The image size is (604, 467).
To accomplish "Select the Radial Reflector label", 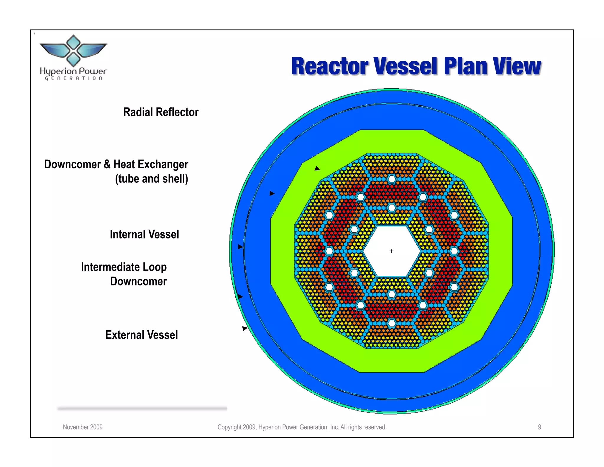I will click(x=161, y=112).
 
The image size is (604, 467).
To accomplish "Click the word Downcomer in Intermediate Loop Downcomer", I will click(x=138, y=281).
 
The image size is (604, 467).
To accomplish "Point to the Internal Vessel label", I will click(x=144, y=234).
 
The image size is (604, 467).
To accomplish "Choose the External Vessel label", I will click(x=142, y=335).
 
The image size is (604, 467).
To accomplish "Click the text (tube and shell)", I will click(x=151, y=179).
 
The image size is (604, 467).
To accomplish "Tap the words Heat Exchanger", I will click(x=151, y=164).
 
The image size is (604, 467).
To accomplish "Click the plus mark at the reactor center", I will click(x=391, y=251).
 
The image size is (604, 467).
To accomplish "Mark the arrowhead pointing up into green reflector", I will click(x=317, y=168).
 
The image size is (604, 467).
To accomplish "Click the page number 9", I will click(x=539, y=427).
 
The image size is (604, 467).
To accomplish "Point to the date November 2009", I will click(x=83, y=427).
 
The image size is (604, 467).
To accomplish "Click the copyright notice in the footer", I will click(x=302, y=427).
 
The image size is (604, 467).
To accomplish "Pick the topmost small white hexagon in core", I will click(x=392, y=179).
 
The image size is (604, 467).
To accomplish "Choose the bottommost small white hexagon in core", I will click(x=392, y=323).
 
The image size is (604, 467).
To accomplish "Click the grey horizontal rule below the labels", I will click(x=142, y=409).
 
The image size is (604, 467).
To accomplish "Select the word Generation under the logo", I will click(x=73, y=78).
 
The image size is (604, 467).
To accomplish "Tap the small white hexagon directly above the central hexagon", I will click(x=392, y=208).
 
